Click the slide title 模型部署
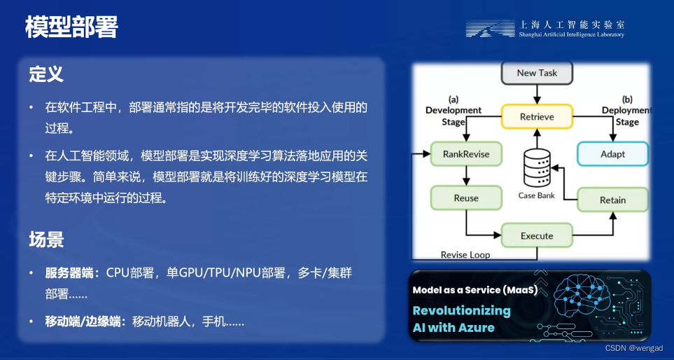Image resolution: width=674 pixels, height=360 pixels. pos(71,27)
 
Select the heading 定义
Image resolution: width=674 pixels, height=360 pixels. pos(46,74)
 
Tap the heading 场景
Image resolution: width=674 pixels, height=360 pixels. pos(46,240)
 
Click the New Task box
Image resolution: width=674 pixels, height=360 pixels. pos(536,73)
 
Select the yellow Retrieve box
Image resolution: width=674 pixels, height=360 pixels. pos(537,116)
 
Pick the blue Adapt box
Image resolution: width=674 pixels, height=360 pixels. pos(612,154)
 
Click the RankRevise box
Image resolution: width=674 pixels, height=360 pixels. pos(466,154)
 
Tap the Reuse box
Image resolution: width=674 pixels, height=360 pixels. pos(466,198)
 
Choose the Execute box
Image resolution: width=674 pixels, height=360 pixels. pos(537,236)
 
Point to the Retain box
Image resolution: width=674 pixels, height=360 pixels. pos(612,200)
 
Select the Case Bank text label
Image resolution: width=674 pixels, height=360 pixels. pos(537,195)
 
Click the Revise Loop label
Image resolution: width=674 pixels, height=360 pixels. pos(465,255)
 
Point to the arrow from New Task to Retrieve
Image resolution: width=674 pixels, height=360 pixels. pos(537,94)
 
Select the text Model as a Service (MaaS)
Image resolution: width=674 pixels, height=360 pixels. pos(475,290)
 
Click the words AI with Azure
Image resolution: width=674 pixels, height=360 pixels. pos(453,327)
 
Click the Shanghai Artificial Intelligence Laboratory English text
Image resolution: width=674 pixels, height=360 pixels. pos(571,34)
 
